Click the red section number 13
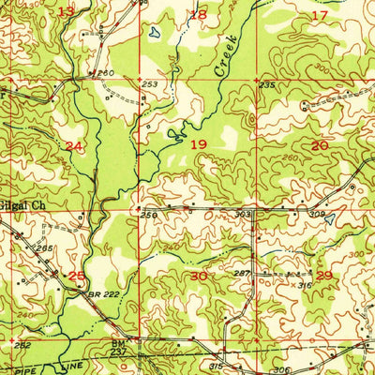coord(66,11)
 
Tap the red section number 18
coord(198,14)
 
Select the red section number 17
coord(320,15)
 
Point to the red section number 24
coord(74,146)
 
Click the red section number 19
coord(198,145)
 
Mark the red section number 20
coord(320,145)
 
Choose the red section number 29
coord(324,275)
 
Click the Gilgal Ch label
coord(22,202)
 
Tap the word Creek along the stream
coord(225,58)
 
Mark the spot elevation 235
coord(267,85)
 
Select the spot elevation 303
coord(243,214)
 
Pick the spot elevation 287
coord(242,273)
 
